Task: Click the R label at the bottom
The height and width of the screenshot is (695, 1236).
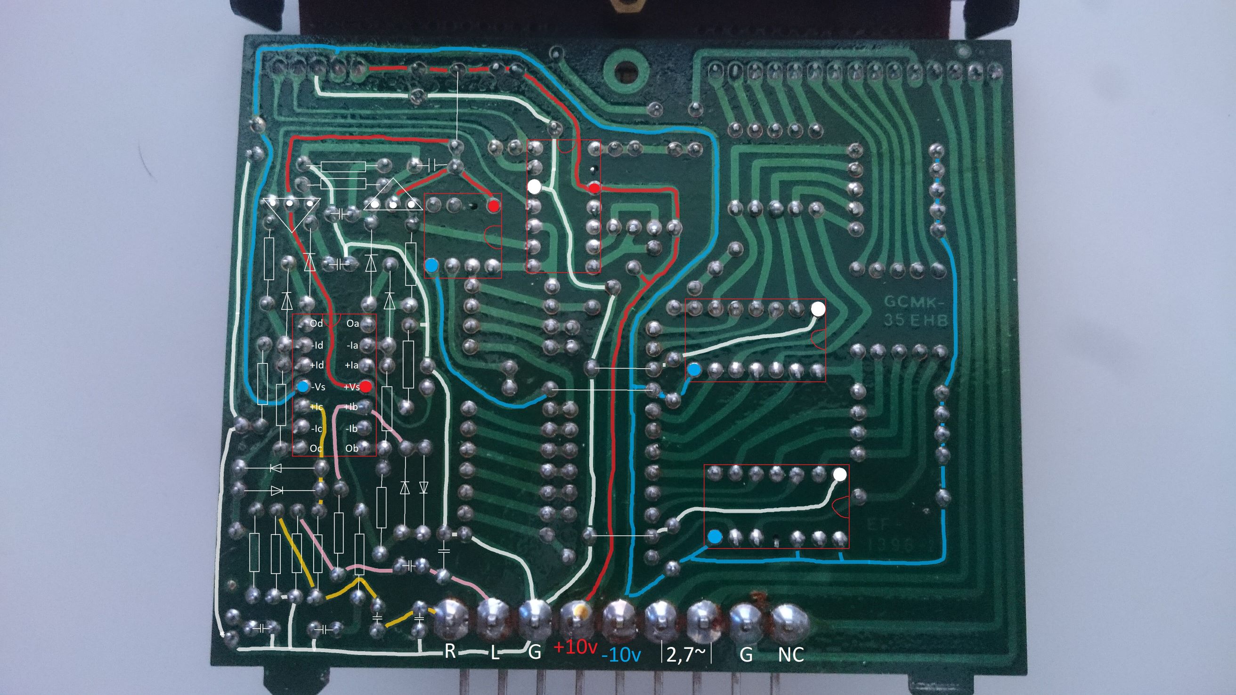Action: pyautogui.click(x=450, y=651)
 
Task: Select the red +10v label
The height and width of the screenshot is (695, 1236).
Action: pyautogui.click(x=575, y=648)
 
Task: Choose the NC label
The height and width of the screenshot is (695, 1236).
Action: pyautogui.click(x=791, y=653)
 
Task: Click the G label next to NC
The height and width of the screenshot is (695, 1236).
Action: pyautogui.click(x=746, y=654)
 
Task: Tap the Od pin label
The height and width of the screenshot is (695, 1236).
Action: pyautogui.click(x=316, y=323)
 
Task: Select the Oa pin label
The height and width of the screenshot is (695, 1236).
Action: pyautogui.click(x=353, y=324)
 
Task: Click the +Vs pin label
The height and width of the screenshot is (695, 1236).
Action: pyautogui.click(x=352, y=387)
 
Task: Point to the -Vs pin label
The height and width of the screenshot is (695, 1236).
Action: pyautogui.click(x=317, y=387)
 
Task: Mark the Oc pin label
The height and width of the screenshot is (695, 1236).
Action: pyautogui.click(x=316, y=448)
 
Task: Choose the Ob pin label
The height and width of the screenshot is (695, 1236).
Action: pyautogui.click(x=352, y=448)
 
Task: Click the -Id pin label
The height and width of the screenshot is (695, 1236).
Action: pyautogui.click(x=317, y=345)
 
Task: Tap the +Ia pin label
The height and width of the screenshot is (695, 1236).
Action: pyautogui.click(x=352, y=365)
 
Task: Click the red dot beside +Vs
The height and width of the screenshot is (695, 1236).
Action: pyautogui.click(x=366, y=386)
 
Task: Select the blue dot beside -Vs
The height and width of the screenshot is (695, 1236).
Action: pyautogui.click(x=303, y=387)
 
